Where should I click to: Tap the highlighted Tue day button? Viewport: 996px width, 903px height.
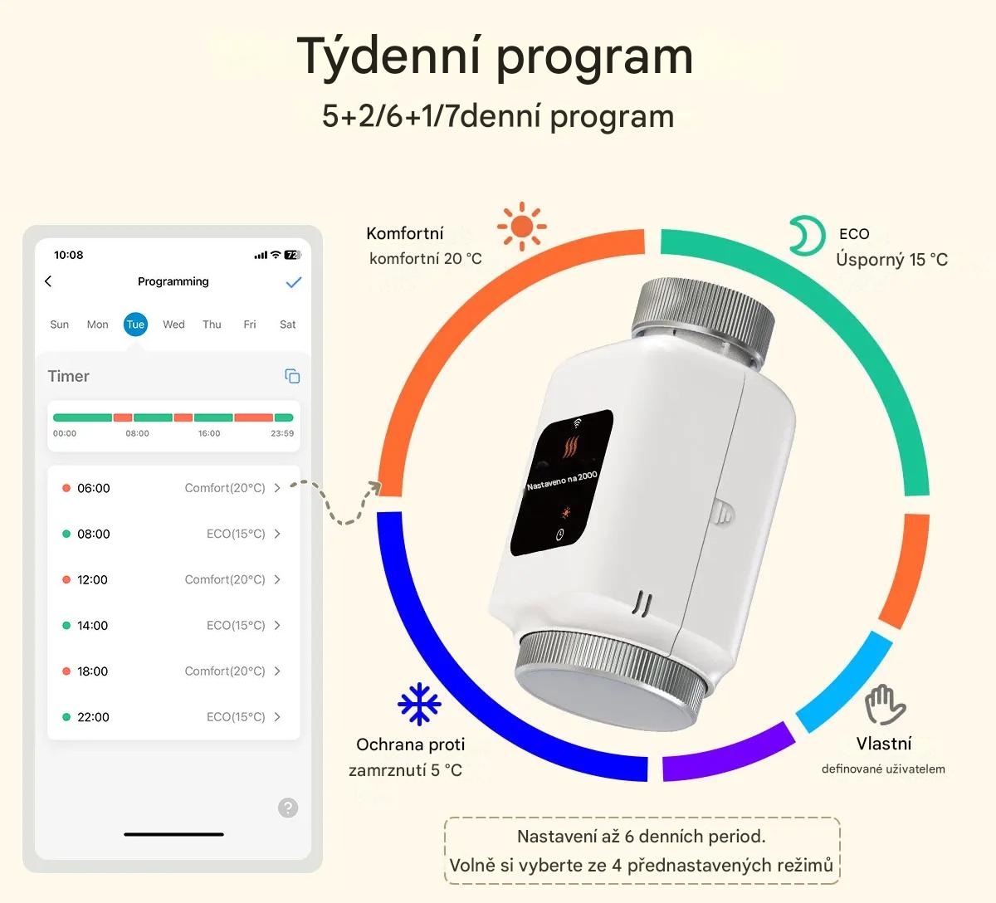(x=135, y=325)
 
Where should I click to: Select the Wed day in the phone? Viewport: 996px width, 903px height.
(x=173, y=325)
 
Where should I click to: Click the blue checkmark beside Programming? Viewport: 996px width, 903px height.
(x=293, y=282)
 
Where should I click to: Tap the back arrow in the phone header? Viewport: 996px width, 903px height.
(x=48, y=281)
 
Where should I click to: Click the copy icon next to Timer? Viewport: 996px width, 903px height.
(x=292, y=376)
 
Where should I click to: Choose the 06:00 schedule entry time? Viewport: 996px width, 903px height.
(x=93, y=488)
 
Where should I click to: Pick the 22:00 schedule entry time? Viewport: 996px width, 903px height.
(x=93, y=717)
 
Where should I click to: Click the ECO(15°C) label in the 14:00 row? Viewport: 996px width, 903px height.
(x=236, y=626)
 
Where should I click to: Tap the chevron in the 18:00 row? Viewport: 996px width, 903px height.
(x=277, y=671)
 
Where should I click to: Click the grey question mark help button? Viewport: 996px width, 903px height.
(x=288, y=808)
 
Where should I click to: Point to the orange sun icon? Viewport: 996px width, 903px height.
(x=521, y=226)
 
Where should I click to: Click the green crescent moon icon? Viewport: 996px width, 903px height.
(x=806, y=237)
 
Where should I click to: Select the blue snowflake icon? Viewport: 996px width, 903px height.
(x=419, y=704)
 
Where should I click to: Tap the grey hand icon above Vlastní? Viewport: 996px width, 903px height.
(x=885, y=705)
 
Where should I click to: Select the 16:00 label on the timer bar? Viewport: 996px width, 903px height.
(x=209, y=433)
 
